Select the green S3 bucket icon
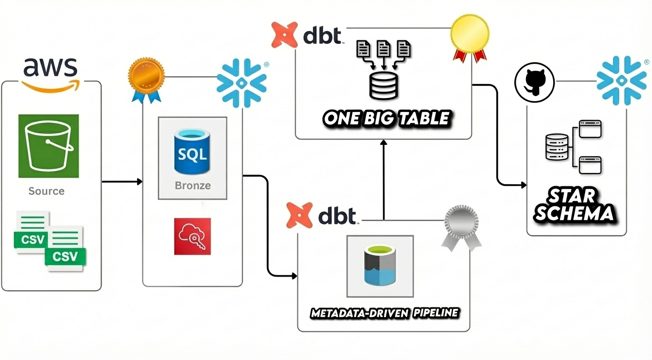click(49, 146)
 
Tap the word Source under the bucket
click(46, 191)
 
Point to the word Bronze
click(193, 186)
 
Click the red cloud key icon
click(193, 236)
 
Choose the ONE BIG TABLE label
click(386, 119)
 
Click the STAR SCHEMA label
click(574, 205)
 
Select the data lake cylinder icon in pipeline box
click(380, 266)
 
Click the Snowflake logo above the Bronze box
click(241, 82)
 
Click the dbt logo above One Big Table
click(307, 35)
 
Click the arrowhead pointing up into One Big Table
click(384, 142)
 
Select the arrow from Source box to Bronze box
click(122, 181)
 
